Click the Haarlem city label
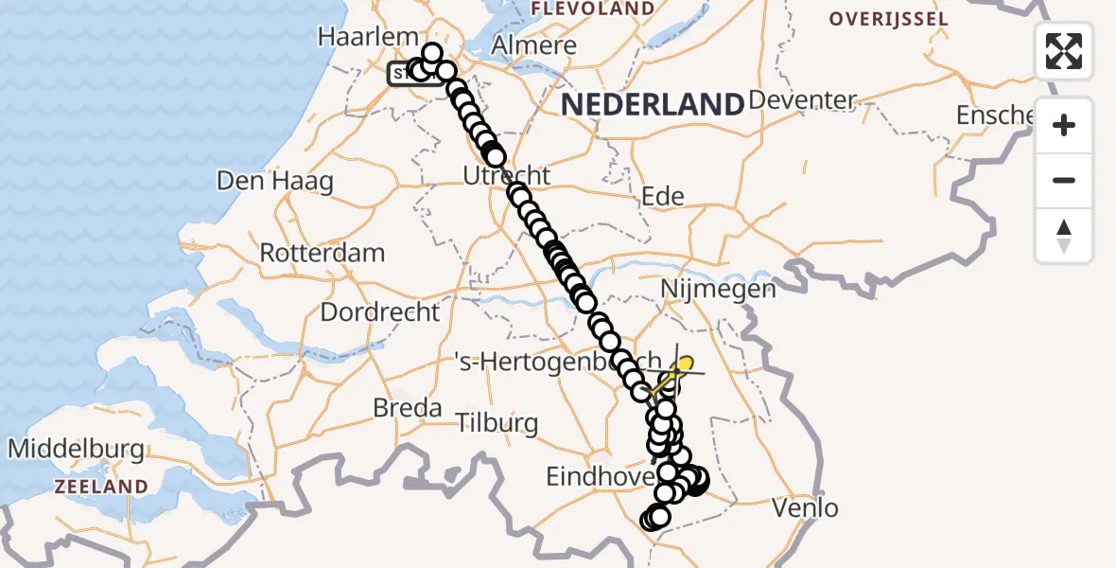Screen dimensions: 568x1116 coord(369,37)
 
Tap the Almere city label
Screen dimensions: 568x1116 coord(535,45)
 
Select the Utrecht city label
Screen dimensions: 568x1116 coord(506,175)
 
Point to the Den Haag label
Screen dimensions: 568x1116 coord(275,181)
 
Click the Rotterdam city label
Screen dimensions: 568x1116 coord(322,254)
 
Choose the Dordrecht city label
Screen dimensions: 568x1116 coord(380,311)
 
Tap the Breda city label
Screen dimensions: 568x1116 coord(408,408)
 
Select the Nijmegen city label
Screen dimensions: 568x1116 coord(719,289)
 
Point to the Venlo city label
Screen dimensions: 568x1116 coord(805,508)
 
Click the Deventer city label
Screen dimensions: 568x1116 coord(802,100)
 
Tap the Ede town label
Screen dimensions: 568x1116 coord(662,196)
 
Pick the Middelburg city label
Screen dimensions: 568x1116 coord(76,450)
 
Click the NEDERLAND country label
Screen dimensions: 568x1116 coord(653,104)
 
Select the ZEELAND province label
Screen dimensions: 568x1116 coord(101,487)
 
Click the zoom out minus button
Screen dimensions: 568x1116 coord(1064,181)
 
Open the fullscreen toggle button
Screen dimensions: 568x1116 coord(1064,50)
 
